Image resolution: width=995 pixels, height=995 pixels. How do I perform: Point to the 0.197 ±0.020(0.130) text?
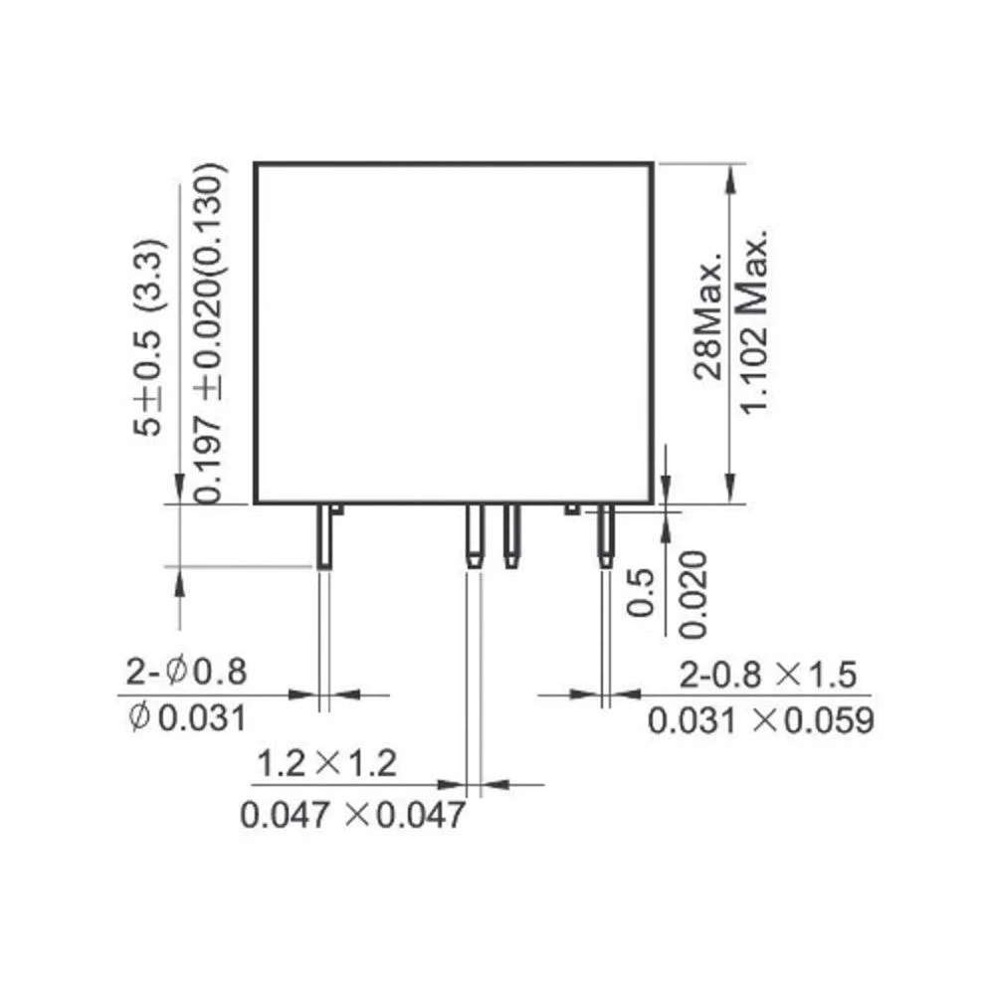209,332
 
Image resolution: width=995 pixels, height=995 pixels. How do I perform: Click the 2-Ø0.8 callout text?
186,673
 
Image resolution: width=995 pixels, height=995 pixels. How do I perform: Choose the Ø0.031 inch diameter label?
186,717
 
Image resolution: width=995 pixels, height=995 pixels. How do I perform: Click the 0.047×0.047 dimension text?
353,815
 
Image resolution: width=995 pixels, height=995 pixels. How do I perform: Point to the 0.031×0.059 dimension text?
761,719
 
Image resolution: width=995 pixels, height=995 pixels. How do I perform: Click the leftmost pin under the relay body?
324,536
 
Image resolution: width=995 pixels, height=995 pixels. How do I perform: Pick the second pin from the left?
475,536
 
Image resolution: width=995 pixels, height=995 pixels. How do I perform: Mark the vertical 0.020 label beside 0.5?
694,593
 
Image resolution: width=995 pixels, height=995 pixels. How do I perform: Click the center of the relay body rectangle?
454,332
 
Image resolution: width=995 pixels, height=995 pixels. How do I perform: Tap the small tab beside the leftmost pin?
337,509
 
